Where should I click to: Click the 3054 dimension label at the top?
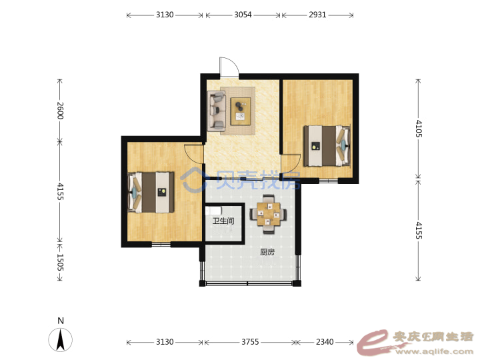[243, 15]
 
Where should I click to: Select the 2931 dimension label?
[317, 15]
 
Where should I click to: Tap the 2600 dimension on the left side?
[60, 111]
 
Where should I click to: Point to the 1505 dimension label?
[60, 263]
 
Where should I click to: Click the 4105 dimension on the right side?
[419, 129]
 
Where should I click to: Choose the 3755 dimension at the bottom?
[250, 341]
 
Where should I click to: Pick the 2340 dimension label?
[325, 341]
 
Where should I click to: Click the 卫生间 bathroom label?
[223, 221]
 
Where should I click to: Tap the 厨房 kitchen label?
[267, 252]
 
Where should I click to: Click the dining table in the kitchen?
[269, 214]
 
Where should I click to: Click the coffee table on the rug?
[241, 111]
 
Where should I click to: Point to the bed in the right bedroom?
[327, 146]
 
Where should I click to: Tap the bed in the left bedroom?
[151, 192]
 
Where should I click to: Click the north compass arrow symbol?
[60, 340]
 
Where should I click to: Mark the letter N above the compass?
[61, 321]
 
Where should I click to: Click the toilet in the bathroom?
[213, 211]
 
